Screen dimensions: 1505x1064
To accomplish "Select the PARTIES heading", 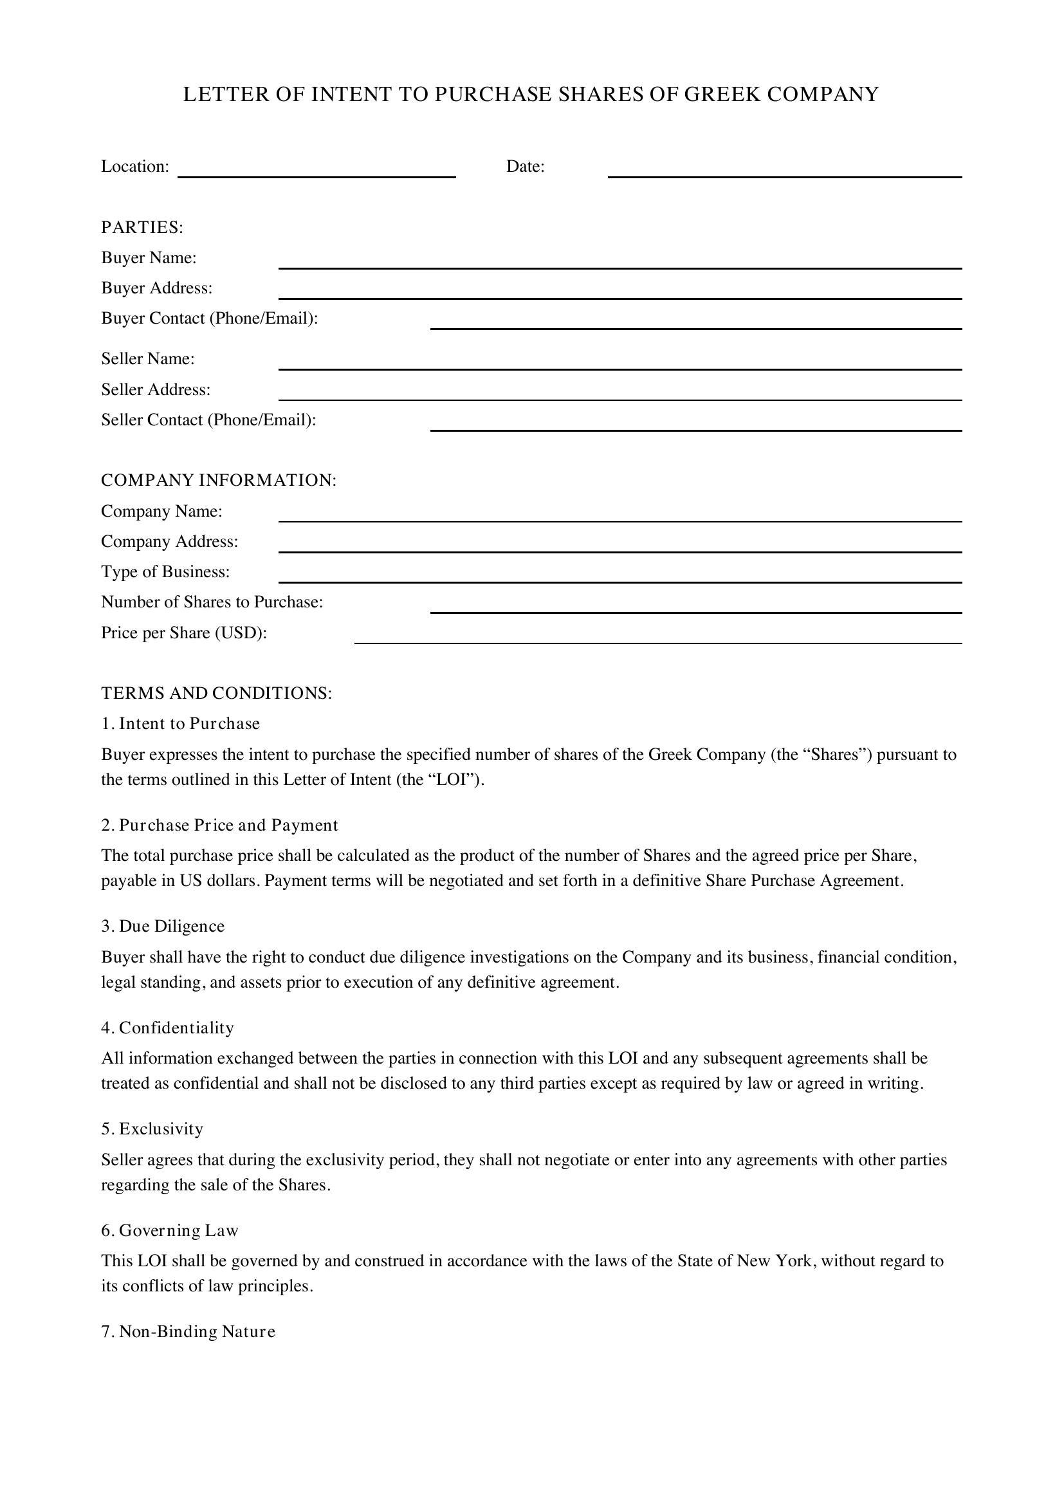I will point(142,227).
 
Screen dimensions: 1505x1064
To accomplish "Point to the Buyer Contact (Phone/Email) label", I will point(210,319).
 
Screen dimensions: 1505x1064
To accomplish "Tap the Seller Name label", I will point(148,359).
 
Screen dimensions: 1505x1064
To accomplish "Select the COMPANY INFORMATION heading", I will point(219,481).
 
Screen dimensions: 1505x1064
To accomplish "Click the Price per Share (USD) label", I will point(184,633).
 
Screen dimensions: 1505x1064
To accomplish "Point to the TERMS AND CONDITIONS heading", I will point(217,694).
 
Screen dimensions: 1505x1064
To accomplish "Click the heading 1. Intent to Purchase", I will point(181,724).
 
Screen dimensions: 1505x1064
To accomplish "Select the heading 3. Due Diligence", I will point(163,926).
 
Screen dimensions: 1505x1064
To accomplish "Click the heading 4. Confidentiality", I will point(168,1028).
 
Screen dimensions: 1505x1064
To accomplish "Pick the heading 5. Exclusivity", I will point(152,1129).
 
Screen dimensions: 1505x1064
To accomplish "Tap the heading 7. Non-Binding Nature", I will point(188,1332).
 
